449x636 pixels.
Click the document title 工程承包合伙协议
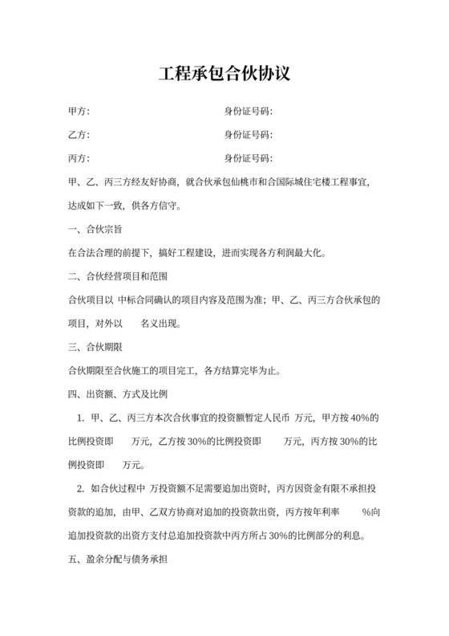[224, 74]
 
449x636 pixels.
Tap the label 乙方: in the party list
[79, 134]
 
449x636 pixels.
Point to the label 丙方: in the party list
[79, 157]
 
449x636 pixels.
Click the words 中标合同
[138, 301]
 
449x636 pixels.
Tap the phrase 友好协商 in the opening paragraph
[160, 182]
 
